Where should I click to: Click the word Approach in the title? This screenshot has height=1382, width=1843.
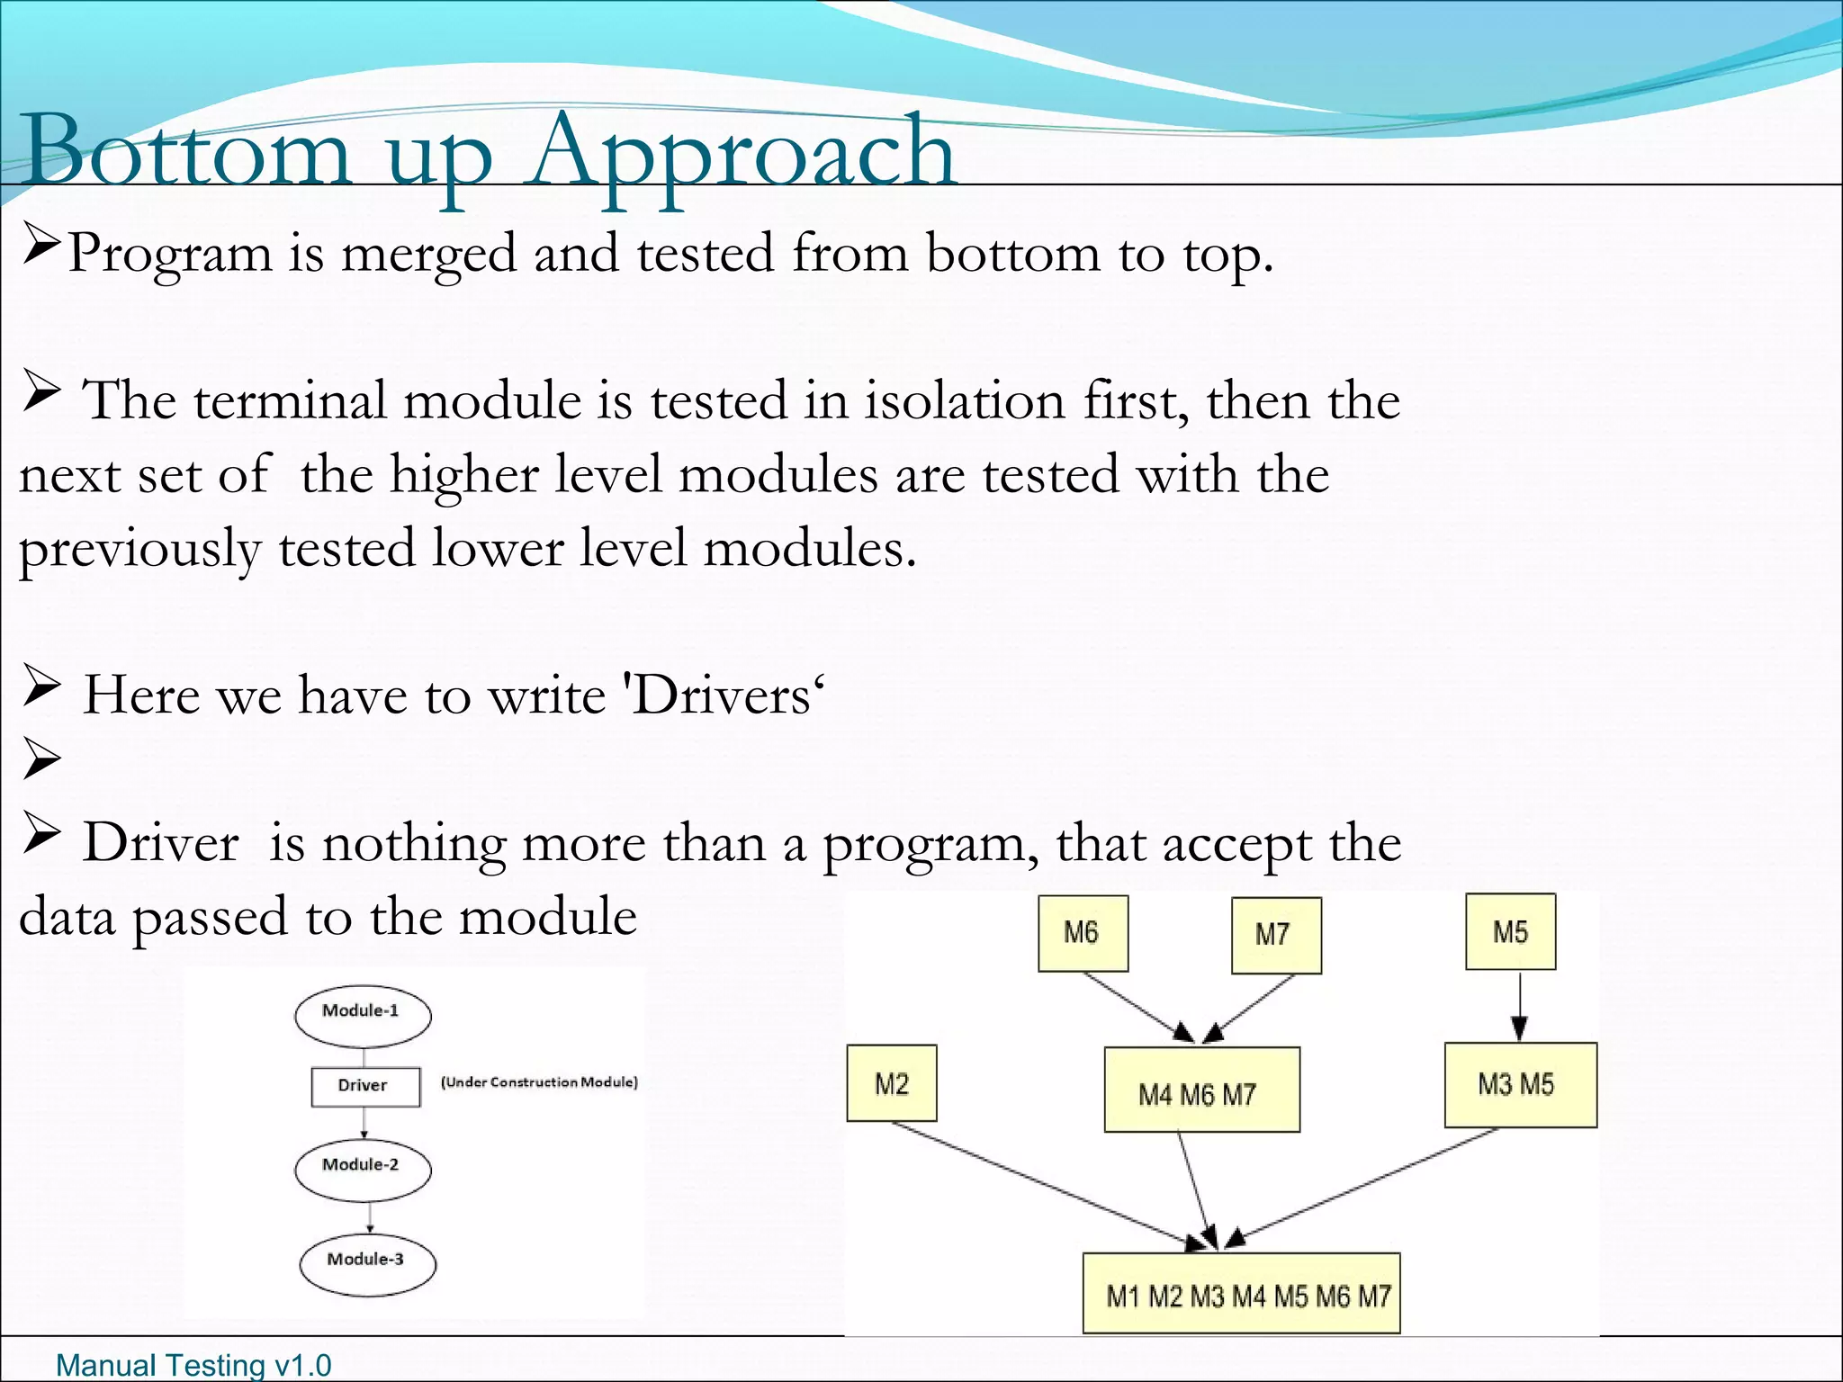click(x=742, y=153)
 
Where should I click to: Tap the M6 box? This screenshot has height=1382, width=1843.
click(x=1083, y=933)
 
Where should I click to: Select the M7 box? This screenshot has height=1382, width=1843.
click(x=1275, y=935)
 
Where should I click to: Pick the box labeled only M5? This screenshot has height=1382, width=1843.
click(x=1510, y=931)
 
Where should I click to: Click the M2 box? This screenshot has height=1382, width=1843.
click(x=891, y=1083)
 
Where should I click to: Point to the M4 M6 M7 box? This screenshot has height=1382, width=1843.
click(x=1201, y=1090)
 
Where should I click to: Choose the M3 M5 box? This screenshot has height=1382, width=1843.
click(x=1520, y=1085)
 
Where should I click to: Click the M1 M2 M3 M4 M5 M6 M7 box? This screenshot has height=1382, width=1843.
click(x=1241, y=1293)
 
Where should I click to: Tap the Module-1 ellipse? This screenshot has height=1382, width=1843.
click(x=362, y=1016)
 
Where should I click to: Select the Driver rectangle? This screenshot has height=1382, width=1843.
click(x=364, y=1086)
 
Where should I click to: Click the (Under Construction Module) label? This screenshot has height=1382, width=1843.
click(x=539, y=1081)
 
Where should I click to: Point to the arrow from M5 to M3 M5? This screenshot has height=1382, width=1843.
click(x=1519, y=1005)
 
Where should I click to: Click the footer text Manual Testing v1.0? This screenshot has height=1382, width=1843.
click(x=193, y=1365)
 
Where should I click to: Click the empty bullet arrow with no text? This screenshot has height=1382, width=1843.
click(x=41, y=758)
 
